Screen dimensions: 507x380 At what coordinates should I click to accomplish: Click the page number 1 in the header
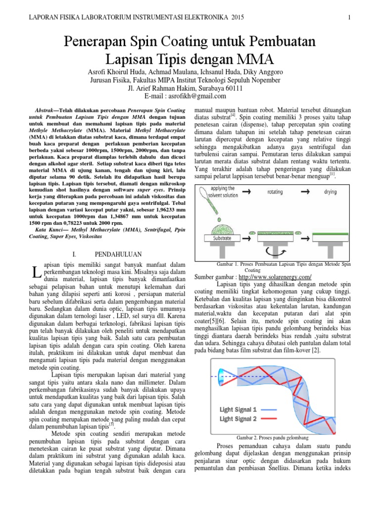(x=349, y=17)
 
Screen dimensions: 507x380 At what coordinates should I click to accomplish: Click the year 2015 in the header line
(x=236, y=17)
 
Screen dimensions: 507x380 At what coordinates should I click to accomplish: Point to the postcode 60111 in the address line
(x=231, y=88)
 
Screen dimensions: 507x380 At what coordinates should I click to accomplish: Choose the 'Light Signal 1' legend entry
(x=238, y=409)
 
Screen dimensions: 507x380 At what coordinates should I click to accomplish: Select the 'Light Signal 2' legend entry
(x=238, y=419)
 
